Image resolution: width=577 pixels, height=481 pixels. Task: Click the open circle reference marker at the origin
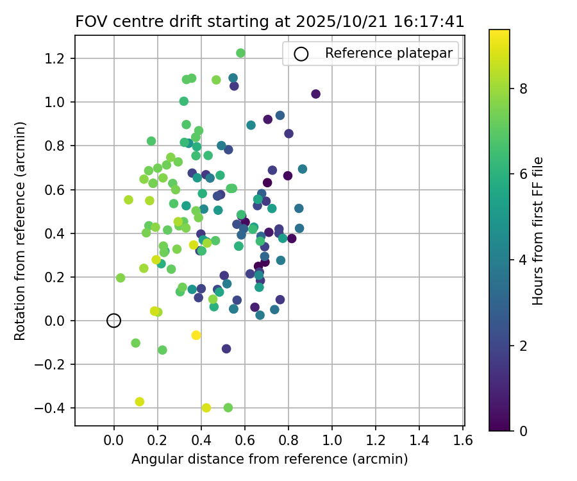click(x=113, y=321)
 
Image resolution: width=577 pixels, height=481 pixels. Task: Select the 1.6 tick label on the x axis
click(x=463, y=441)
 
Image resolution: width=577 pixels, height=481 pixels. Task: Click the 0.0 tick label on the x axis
click(x=113, y=441)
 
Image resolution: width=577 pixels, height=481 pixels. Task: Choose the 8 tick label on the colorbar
click(x=523, y=89)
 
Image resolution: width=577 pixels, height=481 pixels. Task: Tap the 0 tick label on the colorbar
click(x=523, y=430)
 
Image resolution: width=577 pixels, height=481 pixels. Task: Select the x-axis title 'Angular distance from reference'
click(x=269, y=459)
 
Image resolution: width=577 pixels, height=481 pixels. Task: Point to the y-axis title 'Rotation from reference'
click(x=20, y=231)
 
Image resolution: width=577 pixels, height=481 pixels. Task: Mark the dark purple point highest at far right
click(x=315, y=94)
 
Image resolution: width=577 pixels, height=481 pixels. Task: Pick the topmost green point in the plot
click(x=240, y=53)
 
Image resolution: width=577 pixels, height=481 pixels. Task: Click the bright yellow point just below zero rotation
click(x=196, y=335)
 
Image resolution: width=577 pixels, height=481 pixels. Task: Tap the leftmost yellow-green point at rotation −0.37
click(x=140, y=401)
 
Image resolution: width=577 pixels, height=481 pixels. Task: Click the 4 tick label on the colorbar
click(x=523, y=260)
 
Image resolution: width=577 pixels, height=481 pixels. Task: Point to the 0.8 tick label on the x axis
click(x=288, y=441)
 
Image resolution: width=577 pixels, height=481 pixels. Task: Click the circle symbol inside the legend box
click(x=301, y=54)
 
